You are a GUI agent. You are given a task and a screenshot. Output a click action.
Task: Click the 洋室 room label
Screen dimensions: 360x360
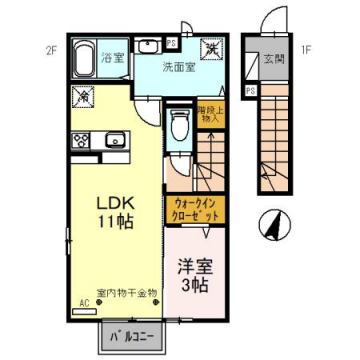(x=194, y=267)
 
